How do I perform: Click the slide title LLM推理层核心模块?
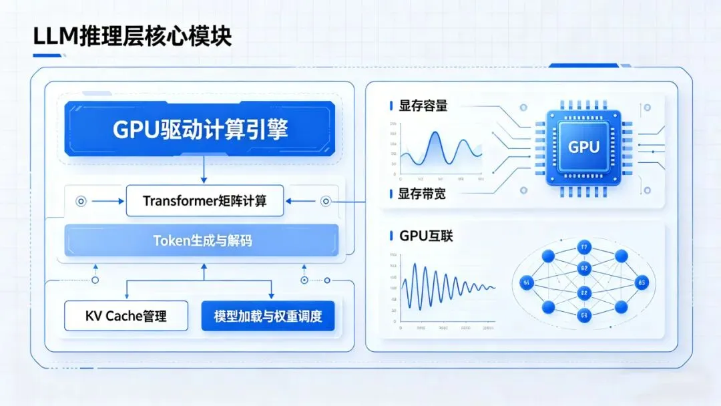[132, 36]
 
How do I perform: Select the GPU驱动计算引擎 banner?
[200, 129]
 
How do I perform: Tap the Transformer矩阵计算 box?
[205, 201]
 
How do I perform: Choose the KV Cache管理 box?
[126, 316]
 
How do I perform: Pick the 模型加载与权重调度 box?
[268, 316]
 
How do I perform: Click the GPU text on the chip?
[583, 147]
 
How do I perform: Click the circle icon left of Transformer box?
[81, 200]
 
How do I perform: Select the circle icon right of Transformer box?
[326, 200]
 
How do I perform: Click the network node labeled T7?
[584, 247]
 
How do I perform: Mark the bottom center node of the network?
[584, 315]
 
